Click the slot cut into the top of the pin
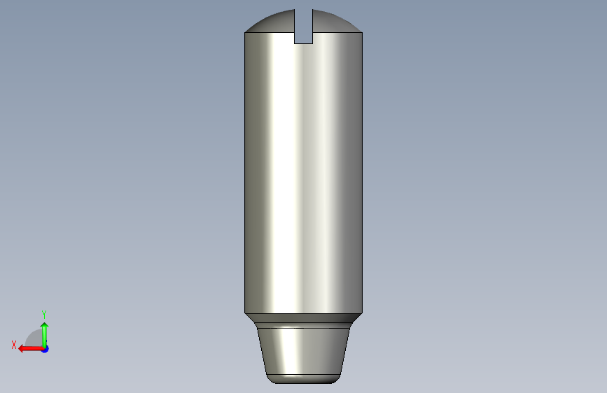303,28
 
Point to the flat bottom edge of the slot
303,43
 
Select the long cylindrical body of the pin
303,175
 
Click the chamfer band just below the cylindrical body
303,320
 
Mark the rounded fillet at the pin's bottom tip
303,379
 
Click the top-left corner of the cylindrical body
245,33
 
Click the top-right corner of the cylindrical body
362,33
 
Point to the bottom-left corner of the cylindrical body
245,313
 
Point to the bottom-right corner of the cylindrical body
362,313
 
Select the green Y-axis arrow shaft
44,336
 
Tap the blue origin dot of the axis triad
45,348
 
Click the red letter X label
14,345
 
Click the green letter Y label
44,314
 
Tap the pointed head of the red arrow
22,348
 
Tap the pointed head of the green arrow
44,325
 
